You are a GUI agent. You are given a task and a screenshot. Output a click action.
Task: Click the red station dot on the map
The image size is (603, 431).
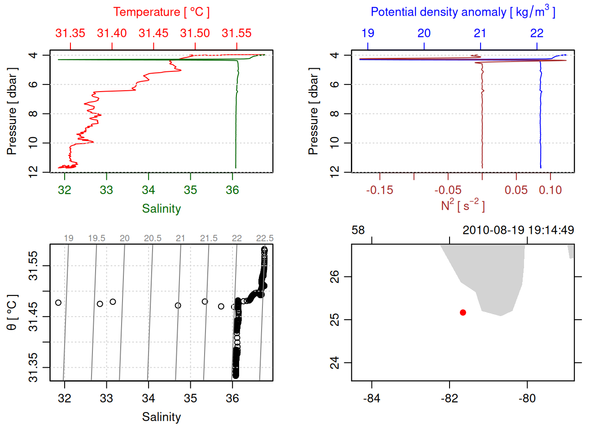pyautogui.click(x=463, y=312)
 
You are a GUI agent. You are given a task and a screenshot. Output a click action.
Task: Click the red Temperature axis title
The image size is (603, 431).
pyautogui.click(x=161, y=12)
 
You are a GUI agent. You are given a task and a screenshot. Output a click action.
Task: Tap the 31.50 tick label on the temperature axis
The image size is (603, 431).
pyautogui.click(x=195, y=33)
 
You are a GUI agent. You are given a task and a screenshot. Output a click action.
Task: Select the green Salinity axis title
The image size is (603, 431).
pyautogui.click(x=161, y=209)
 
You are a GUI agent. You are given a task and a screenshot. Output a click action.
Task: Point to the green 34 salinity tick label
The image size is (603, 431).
pyautogui.click(x=149, y=190)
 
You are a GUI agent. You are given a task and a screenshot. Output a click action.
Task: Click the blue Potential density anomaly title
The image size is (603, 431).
pyautogui.click(x=463, y=12)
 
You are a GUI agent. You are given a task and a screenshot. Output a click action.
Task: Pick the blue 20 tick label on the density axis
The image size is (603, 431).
pyautogui.click(x=424, y=33)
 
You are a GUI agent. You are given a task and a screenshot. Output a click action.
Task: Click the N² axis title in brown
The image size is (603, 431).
pyautogui.click(x=463, y=206)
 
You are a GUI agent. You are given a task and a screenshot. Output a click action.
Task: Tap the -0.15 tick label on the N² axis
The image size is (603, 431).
pyautogui.click(x=380, y=190)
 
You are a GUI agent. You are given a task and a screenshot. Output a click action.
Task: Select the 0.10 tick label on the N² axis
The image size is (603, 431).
pyautogui.click(x=550, y=190)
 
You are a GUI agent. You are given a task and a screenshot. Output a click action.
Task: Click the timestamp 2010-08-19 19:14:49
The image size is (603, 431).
pyautogui.click(x=518, y=230)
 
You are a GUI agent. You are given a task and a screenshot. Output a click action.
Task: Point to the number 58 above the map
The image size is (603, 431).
pyautogui.click(x=358, y=230)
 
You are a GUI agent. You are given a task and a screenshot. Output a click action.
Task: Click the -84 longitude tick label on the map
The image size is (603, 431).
pyautogui.click(x=371, y=399)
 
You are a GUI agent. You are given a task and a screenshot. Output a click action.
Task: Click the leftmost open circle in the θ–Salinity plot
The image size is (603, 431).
pyautogui.click(x=58, y=303)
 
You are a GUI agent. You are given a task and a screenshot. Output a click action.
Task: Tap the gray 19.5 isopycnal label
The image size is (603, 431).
pyautogui.click(x=96, y=238)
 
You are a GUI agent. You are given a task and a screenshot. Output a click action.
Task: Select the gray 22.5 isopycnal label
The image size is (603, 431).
pyautogui.click(x=265, y=238)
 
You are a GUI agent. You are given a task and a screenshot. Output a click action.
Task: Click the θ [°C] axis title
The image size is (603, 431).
pyautogui.click(x=12, y=312)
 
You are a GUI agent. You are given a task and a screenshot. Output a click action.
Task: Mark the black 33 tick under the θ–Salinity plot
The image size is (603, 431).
pyautogui.click(x=106, y=399)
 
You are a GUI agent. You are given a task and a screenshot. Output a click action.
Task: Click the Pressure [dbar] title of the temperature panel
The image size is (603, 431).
pyautogui.click(x=12, y=111)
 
